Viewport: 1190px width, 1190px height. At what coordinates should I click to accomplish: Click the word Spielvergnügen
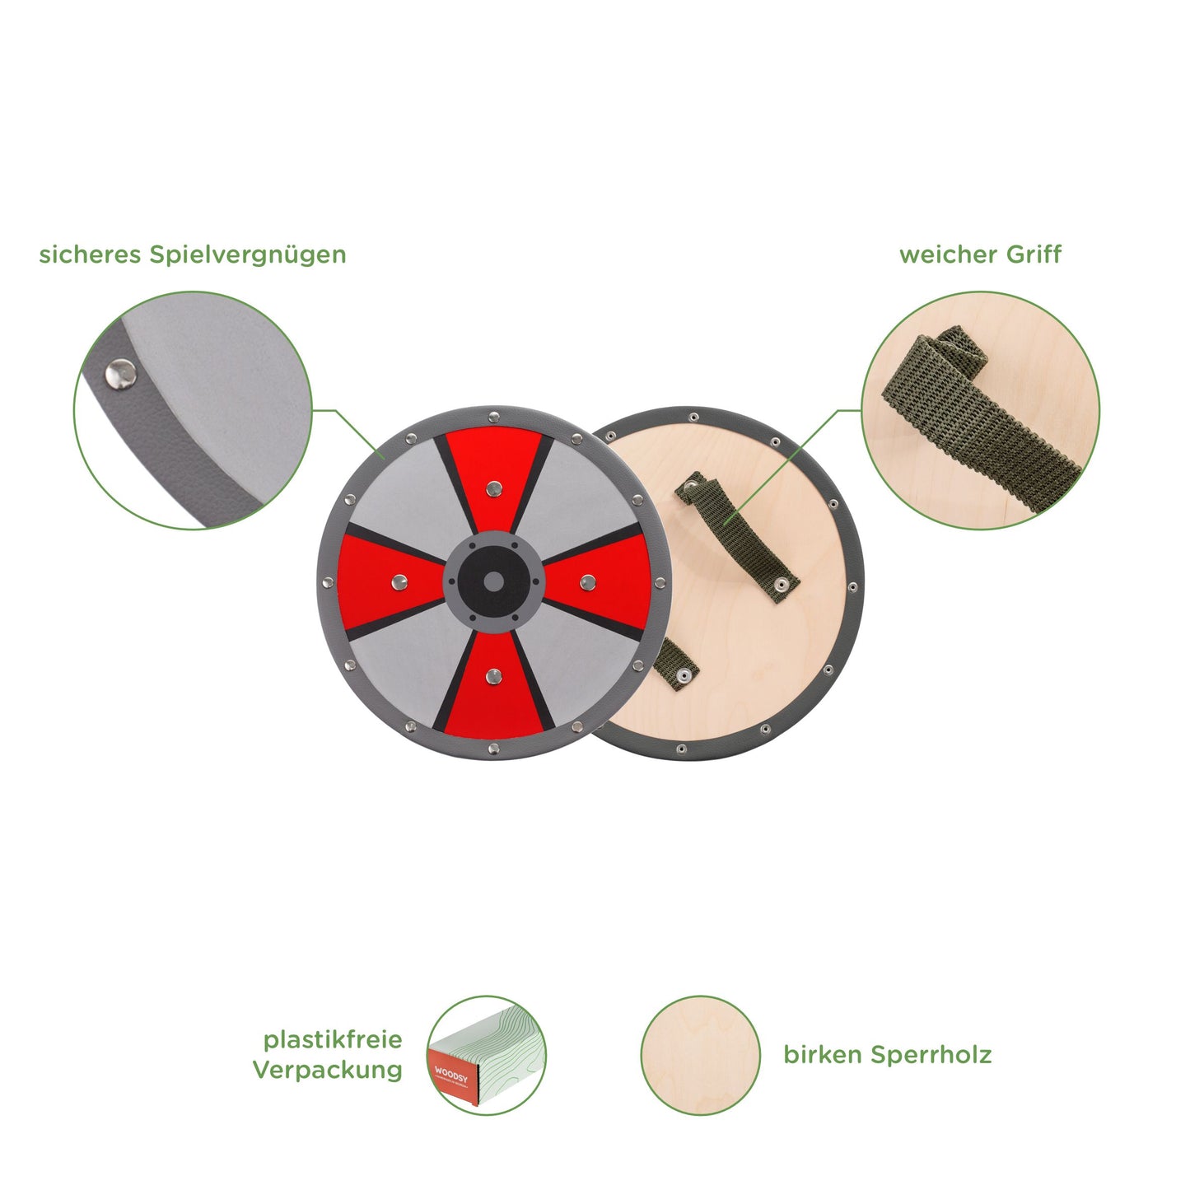pos(256,255)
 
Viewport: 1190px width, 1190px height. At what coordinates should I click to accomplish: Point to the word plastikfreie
pos(333,1040)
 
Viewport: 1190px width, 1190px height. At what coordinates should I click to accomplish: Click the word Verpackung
pos(327,1071)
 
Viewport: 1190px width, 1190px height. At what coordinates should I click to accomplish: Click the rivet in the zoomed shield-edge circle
pos(120,374)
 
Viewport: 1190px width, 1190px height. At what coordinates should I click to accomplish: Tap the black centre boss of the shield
pos(493,581)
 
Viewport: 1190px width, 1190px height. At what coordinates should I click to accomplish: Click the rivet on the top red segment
pos(493,489)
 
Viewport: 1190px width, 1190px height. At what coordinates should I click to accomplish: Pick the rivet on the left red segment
pos(400,581)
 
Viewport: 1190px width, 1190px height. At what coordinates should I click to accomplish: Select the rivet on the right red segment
pos(587,581)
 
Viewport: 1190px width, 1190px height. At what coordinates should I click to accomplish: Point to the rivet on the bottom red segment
pos(493,675)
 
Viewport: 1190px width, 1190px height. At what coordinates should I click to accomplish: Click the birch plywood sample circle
pos(700,1056)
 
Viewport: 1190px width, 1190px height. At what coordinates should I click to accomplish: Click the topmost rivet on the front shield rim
pos(493,416)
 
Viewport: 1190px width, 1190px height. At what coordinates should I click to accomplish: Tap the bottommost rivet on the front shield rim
pos(493,749)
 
